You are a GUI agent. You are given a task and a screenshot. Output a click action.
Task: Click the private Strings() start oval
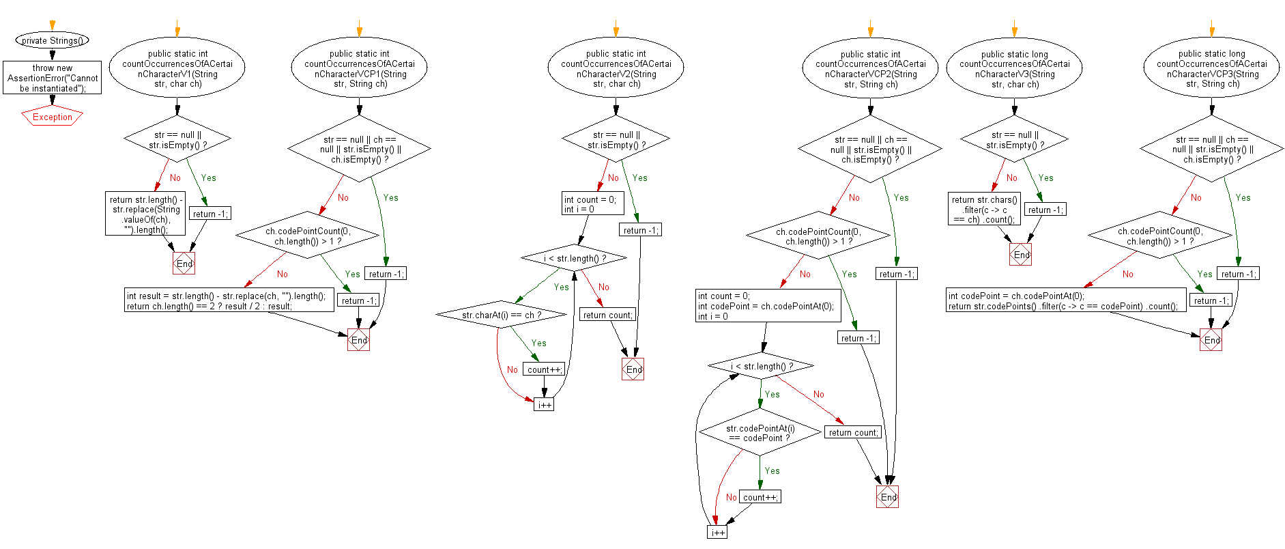tap(52, 40)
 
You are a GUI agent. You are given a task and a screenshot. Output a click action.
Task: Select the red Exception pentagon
tap(52, 117)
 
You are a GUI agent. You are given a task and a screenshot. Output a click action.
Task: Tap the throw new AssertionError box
tap(52, 78)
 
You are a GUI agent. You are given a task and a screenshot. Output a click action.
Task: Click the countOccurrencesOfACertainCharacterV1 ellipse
tap(177, 68)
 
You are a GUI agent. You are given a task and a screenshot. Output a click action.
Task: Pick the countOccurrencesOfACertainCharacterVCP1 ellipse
tap(360, 68)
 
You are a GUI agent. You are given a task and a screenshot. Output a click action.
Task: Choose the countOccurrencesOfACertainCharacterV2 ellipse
tap(616, 68)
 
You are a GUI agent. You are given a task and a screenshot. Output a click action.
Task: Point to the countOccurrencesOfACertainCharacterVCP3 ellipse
tap(1211, 68)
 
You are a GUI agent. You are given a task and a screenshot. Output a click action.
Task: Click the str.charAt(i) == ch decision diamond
tap(502, 315)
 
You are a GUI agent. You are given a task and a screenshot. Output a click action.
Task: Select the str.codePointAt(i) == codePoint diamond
tap(760, 433)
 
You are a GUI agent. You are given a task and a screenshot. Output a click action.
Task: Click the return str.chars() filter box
tap(984, 209)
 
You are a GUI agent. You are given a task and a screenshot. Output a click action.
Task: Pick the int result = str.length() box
tap(229, 300)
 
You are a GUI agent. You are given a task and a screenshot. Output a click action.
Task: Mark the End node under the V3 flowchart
tap(1021, 255)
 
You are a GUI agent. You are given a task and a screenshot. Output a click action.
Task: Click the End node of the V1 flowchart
tap(184, 264)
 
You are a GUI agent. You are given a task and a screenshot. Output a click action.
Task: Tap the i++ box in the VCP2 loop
tap(717, 532)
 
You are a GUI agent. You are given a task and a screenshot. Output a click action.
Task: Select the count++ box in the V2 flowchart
tap(544, 369)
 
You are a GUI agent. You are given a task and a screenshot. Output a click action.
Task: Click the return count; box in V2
tap(607, 315)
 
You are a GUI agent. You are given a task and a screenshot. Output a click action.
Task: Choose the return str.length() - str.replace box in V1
tap(145, 214)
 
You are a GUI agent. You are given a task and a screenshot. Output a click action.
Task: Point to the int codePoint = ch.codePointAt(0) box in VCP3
tap(1065, 300)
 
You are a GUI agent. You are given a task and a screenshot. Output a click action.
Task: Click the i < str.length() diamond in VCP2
tap(761, 366)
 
